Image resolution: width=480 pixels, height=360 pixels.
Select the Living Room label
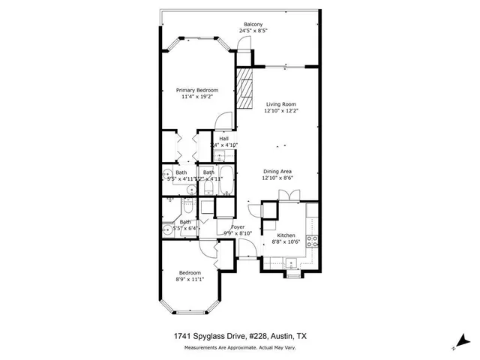point(281,103)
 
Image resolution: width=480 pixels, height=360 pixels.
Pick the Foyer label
point(237,226)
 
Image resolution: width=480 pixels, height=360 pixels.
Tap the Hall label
point(223,138)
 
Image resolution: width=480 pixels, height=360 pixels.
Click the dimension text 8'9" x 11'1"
point(189,279)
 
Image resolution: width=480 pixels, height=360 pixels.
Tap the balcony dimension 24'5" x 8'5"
point(252,31)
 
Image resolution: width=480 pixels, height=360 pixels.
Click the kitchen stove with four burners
point(313,241)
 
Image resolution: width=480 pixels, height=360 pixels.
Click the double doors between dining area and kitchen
point(288,196)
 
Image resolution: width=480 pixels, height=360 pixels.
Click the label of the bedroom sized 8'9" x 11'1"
point(189,272)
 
